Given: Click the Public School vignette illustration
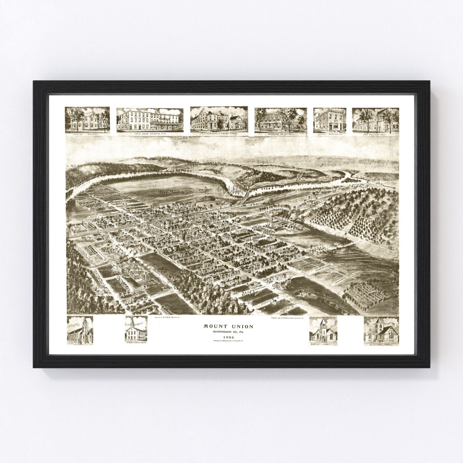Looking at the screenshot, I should (87, 119).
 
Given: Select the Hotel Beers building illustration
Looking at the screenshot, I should (150, 120).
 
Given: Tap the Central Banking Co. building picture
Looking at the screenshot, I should (330, 120).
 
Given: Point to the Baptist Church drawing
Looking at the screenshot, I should (323, 331).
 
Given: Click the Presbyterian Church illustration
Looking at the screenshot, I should (136, 329).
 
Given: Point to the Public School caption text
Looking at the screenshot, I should (87, 134).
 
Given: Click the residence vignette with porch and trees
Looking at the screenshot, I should (280, 120).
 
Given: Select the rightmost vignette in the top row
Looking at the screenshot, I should (375, 120).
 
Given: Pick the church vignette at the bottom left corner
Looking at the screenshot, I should (80, 330).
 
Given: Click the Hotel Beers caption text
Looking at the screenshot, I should (150, 134).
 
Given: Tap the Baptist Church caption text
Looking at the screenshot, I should (323, 344).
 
